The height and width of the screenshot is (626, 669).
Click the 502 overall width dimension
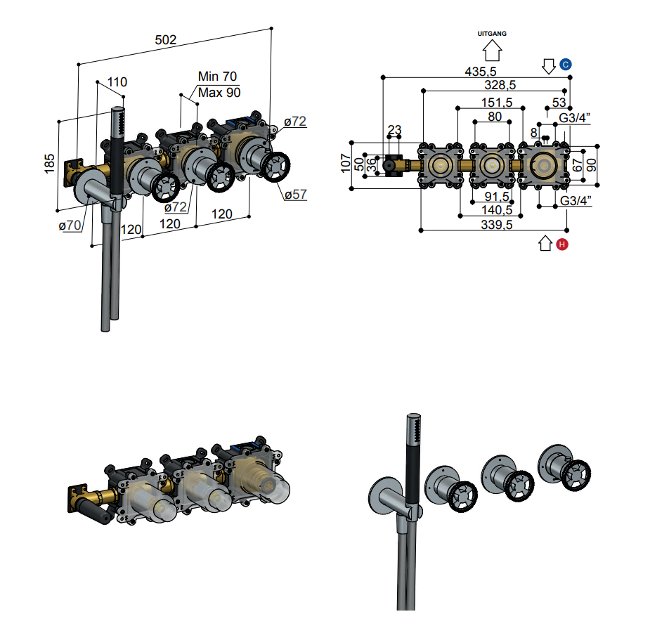coord(166,39)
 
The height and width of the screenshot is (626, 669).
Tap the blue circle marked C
coord(565,65)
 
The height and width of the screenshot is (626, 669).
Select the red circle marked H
coord(562,244)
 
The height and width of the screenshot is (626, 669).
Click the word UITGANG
coord(492,34)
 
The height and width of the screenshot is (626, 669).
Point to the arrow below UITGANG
coord(492,51)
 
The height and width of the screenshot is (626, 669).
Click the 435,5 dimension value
coord(481,71)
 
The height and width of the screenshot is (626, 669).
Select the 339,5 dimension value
coord(497,224)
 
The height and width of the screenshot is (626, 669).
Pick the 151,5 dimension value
coord(497,103)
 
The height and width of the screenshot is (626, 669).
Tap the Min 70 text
coord(217,77)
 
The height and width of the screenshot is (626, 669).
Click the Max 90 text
coord(219,93)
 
